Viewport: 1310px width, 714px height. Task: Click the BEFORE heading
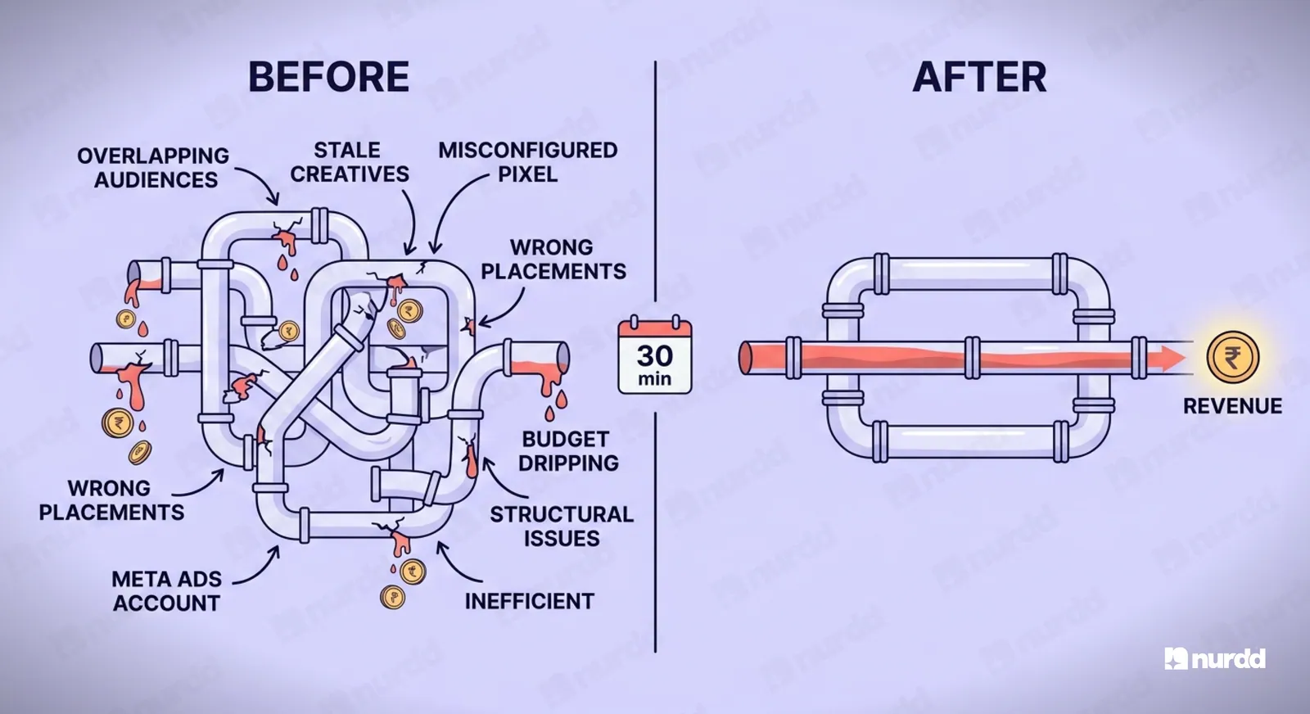pos(328,77)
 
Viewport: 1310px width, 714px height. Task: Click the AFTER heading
pos(979,77)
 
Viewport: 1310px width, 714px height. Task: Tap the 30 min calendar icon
pos(655,355)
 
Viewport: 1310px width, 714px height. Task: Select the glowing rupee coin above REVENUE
pos(1232,357)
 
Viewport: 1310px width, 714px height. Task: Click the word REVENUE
pos(1233,406)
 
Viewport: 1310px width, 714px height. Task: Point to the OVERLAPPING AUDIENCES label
pos(153,168)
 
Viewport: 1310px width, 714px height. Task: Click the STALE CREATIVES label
pos(349,162)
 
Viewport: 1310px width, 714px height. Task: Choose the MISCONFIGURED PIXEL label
pos(528,162)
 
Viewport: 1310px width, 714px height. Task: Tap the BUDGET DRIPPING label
pos(568,451)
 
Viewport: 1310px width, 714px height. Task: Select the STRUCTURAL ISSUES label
pos(562,526)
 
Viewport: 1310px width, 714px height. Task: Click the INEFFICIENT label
pos(530,601)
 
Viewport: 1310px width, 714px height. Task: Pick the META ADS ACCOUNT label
pos(167,590)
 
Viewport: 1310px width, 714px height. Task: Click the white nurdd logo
pos(1215,658)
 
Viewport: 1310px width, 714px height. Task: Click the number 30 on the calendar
pos(655,355)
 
